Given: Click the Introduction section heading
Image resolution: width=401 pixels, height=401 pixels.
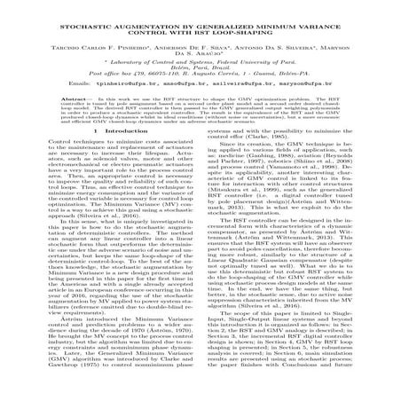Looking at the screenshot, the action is (x=106, y=156).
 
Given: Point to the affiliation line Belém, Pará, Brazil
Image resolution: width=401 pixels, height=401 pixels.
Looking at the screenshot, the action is (x=200, y=70).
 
